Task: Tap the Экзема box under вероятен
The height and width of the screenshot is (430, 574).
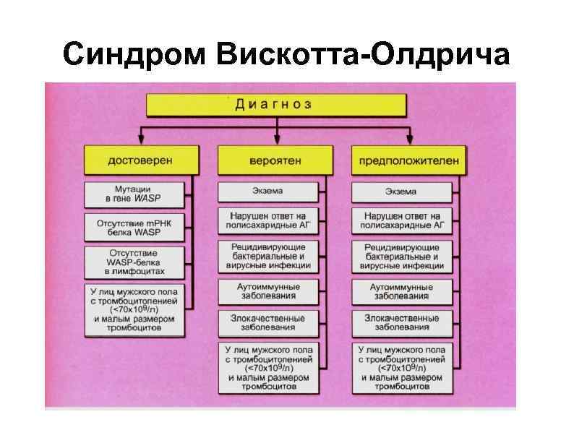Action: click(267, 192)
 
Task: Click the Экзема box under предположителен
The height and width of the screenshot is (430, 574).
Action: click(400, 192)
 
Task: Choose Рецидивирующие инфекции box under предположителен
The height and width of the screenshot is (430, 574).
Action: click(400, 256)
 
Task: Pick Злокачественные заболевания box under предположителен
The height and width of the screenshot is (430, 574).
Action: click(400, 323)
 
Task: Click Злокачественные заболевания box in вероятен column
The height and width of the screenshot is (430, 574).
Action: click(267, 323)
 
